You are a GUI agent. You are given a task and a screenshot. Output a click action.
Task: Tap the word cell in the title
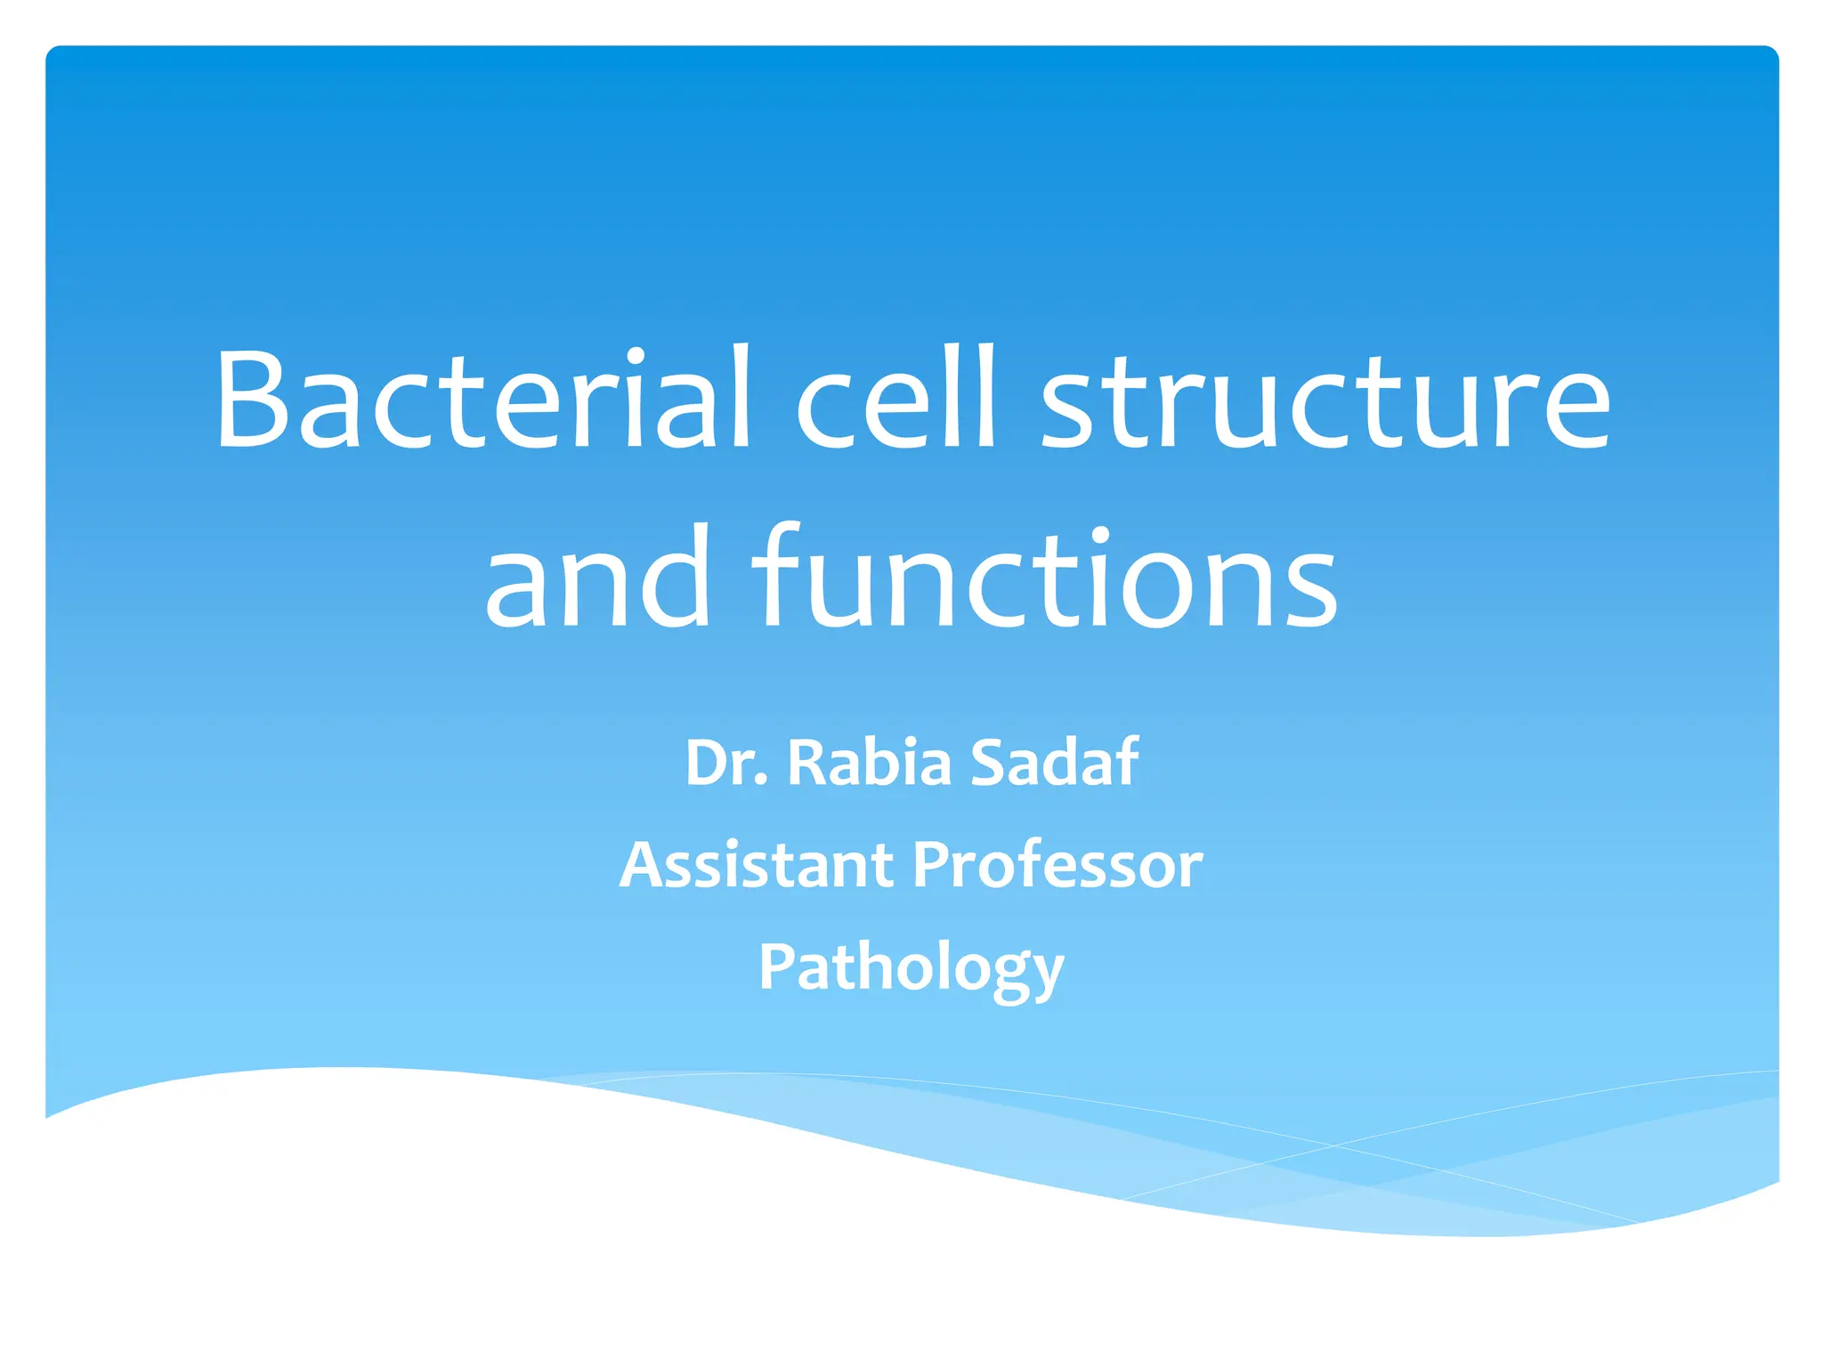(x=895, y=398)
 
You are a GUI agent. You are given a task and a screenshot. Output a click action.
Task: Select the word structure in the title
(x=1325, y=400)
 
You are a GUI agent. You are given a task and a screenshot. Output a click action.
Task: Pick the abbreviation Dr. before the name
(x=726, y=763)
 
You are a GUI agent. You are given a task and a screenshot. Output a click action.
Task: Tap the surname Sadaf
(x=1054, y=763)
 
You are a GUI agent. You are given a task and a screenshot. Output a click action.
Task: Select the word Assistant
(x=757, y=865)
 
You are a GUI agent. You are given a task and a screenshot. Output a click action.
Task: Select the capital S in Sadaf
(x=989, y=763)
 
